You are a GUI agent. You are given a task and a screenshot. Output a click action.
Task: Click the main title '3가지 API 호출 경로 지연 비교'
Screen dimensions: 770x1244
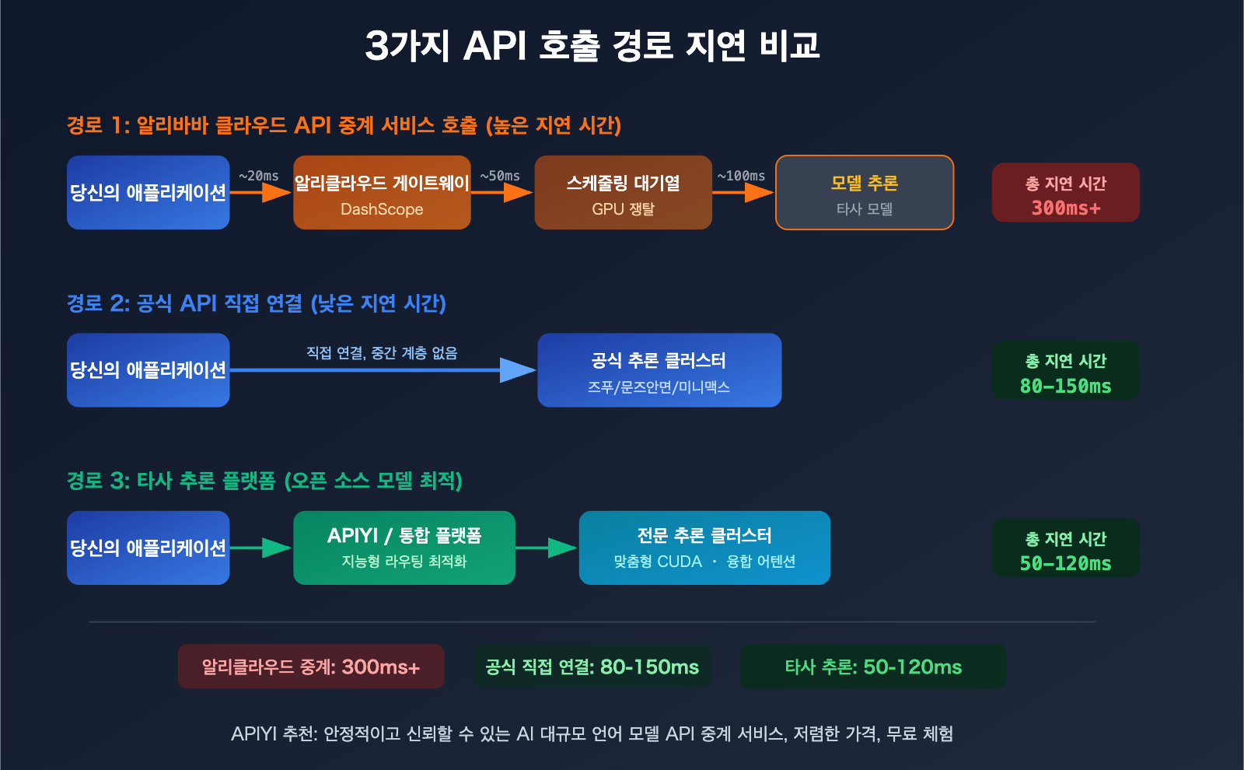pyautogui.click(x=592, y=45)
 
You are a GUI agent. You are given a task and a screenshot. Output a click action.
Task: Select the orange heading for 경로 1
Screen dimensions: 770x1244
pyautogui.click(x=344, y=125)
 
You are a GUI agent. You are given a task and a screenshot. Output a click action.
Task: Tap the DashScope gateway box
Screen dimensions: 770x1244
pyautogui.click(x=382, y=193)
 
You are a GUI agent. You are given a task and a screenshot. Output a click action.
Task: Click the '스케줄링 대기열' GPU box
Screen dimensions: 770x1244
pyautogui.click(x=623, y=193)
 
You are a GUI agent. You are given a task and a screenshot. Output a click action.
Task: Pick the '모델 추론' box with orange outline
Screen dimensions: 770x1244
pyautogui.click(x=865, y=193)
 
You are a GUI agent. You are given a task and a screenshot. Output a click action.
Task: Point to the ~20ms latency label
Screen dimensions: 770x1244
pyautogui.click(x=259, y=176)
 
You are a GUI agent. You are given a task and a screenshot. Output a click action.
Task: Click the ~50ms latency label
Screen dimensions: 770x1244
pyautogui.click(x=500, y=176)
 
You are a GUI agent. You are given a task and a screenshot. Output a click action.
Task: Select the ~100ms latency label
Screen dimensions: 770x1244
pyautogui.click(x=741, y=176)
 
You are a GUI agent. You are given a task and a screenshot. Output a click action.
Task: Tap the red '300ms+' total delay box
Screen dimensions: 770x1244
pyautogui.click(x=1065, y=193)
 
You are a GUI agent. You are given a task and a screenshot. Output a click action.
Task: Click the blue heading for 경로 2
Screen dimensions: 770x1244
pyautogui.click(x=257, y=303)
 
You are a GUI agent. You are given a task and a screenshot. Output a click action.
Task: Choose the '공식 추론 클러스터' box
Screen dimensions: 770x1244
pyautogui.click(x=659, y=370)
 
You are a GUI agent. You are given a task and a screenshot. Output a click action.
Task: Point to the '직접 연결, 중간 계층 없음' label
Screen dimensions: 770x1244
pyautogui.click(x=382, y=353)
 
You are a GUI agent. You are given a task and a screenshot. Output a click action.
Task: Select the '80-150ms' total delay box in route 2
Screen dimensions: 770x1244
pyautogui.click(x=1065, y=371)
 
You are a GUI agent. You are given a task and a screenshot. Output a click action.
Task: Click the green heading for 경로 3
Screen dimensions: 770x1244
pyautogui.click(x=264, y=481)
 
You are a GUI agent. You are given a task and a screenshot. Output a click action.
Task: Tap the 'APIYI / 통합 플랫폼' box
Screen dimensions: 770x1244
pyautogui.click(x=404, y=548)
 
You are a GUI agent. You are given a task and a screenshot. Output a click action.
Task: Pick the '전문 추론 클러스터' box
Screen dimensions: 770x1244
pyautogui.click(x=704, y=548)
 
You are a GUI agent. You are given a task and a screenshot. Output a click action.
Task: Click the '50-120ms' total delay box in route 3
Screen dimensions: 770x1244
pyautogui.click(x=1065, y=548)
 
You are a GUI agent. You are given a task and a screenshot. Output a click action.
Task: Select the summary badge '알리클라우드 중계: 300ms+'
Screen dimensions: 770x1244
pyautogui.click(x=311, y=667)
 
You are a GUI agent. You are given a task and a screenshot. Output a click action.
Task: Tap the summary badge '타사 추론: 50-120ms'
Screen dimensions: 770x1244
pyautogui.click(x=873, y=667)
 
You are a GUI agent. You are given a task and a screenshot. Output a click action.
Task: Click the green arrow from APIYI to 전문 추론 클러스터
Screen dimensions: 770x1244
pyautogui.click(x=547, y=548)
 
